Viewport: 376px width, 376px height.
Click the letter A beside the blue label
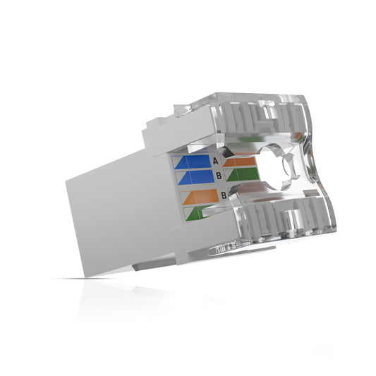coord(217,161)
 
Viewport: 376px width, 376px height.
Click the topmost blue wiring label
coord(193,162)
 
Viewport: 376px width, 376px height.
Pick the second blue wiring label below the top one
coord(193,176)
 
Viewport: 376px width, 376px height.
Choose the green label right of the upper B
coord(238,175)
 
